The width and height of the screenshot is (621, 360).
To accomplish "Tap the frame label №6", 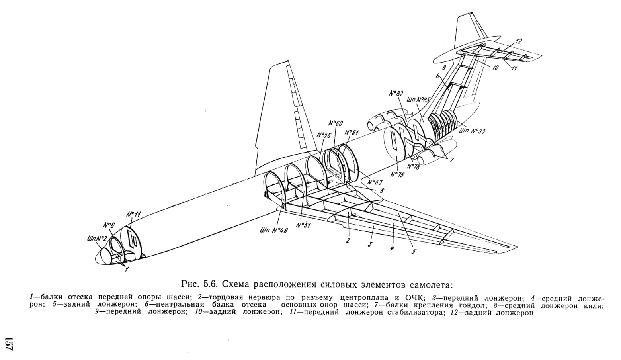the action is coord(109,225).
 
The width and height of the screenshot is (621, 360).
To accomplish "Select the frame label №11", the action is coord(134,214).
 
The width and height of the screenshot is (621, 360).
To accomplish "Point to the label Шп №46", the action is coord(273,230).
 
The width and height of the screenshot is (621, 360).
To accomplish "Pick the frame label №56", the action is coord(324,135).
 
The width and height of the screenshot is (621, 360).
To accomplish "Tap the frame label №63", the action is coord(375,182).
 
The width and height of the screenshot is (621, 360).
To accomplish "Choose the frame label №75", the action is coord(398,175).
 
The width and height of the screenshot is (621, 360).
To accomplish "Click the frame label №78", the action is coord(413,167).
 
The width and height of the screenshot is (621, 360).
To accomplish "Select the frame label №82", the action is coord(396,94).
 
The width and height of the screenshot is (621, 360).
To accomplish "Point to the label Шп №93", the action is coord(472,131).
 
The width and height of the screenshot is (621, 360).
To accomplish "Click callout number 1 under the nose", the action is coord(127,269).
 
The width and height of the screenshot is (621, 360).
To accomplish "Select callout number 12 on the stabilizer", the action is coord(519,41).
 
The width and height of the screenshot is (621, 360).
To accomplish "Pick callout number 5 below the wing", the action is coord(413,252).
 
